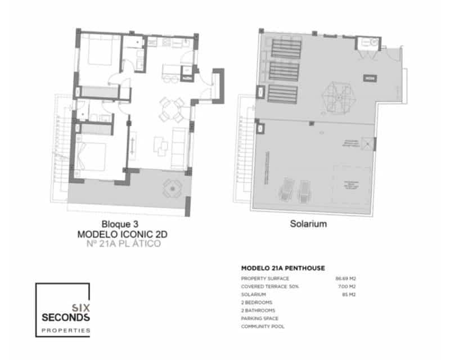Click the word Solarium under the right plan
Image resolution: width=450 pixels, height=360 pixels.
tap(309, 223)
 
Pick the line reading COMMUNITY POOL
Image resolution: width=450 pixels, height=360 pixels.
tap(263, 326)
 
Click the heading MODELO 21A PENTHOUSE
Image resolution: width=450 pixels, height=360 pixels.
tap(283, 268)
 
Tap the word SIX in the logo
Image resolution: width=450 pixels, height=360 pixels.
tap(80, 307)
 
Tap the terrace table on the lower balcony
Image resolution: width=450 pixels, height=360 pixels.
tap(171, 189)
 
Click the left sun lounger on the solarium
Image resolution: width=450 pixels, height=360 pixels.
tap(287, 190)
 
